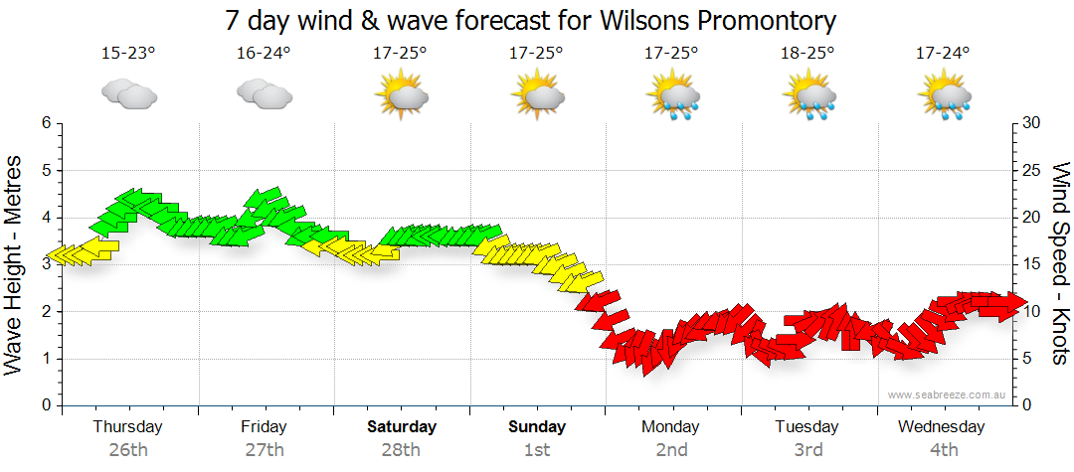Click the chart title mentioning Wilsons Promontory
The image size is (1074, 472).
coord(530,20)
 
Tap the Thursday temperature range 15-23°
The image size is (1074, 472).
coord(128,53)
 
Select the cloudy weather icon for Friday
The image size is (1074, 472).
coord(264,93)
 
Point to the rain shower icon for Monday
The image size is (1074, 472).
coord(672,96)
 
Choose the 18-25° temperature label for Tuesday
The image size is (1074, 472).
coord(807,53)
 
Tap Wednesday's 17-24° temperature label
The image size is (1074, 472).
coord(943,53)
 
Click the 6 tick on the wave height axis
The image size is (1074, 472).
coord(45,123)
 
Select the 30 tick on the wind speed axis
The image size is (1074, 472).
coord(1032,123)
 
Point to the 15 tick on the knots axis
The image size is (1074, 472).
coord(1032,264)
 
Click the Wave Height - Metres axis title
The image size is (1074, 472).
coord(15,264)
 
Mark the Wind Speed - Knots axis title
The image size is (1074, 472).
coord(1060,264)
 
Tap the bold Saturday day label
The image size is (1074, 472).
coord(401,427)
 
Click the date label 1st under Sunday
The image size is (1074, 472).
coord(537,450)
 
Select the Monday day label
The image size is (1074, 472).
coord(671,427)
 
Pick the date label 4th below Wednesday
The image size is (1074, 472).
coord(943,450)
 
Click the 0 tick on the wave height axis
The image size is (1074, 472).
coord(45,405)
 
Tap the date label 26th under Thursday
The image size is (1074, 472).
coord(127,450)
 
